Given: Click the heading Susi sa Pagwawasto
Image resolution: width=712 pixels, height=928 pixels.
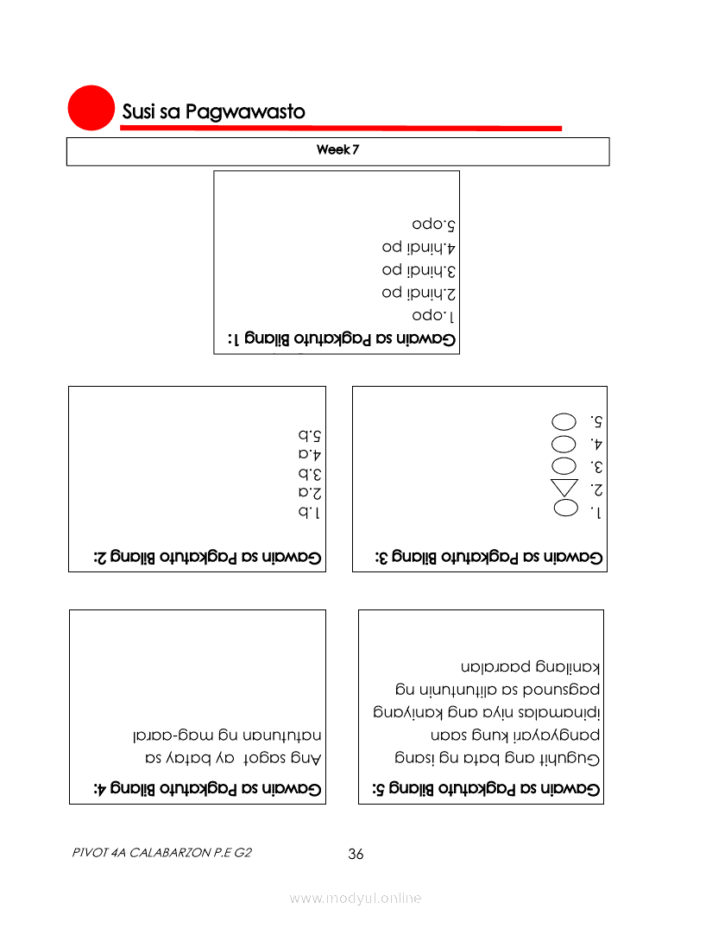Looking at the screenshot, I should tap(213, 112).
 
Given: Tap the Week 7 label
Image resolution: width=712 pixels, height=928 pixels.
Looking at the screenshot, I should tap(337, 150).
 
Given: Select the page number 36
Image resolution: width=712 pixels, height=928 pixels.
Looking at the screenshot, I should tap(356, 855).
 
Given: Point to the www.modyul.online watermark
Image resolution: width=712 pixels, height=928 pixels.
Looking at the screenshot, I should tap(356, 898).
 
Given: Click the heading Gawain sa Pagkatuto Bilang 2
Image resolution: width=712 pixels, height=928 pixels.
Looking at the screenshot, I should tap(208, 558).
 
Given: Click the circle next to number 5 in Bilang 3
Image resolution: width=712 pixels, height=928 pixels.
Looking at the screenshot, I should tap(564, 422).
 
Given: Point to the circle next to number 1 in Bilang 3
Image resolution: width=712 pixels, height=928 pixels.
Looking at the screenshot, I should tap(564, 510).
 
